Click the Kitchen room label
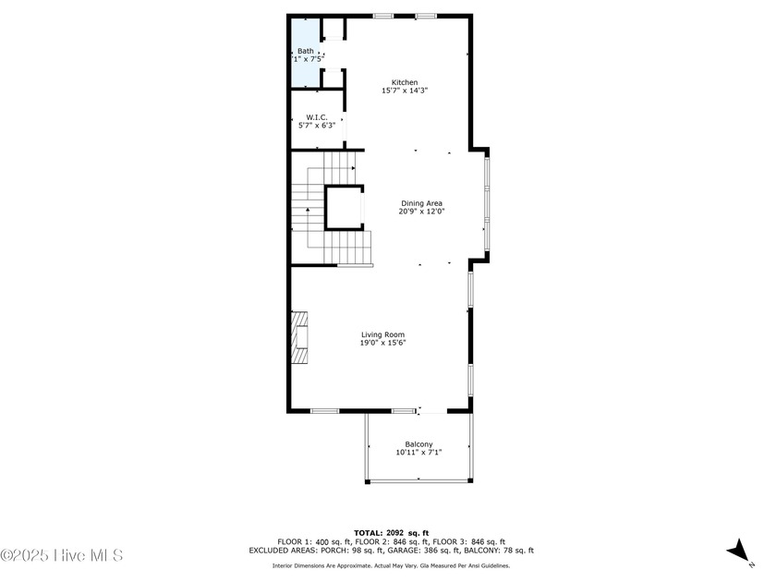pos(405,82)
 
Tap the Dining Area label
pos(421,203)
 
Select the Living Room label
pos(382,334)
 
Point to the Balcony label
pos(418,444)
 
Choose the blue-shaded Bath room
pos(305,54)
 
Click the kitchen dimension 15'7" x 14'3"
pos(405,91)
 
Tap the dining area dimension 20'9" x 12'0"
pos(421,212)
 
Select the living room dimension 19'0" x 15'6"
pos(382,343)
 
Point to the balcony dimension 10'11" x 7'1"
pos(418,453)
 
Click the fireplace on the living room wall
pos(299,340)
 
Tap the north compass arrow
pos(738,552)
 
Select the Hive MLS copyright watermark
pos(61,555)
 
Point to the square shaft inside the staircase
pos(345,207)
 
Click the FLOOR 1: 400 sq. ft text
pos(314,541)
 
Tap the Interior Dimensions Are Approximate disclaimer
pos(390,565)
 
